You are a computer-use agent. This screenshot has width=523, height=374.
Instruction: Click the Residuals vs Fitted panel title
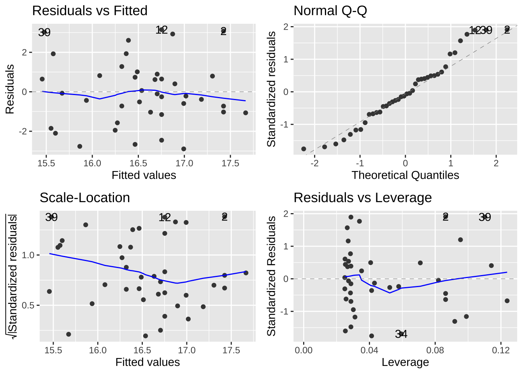(x=90, y=11)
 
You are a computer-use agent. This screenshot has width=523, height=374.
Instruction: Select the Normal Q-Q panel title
(x=330, y=11)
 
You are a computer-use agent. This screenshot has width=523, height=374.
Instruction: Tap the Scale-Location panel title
(x=84, y=198)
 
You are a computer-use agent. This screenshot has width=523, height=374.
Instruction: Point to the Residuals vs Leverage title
(x=362, y=198)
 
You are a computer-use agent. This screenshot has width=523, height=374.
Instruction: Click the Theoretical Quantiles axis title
(x=405, y=175)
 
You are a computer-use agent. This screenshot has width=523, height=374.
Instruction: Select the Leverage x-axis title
(x=405, y=362)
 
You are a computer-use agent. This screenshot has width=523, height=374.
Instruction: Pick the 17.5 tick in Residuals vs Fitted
(x=230, y=163)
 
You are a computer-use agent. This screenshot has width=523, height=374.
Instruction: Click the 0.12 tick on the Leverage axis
(x=501, y=350)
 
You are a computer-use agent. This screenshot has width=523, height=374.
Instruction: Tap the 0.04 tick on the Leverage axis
(x=369, y=350)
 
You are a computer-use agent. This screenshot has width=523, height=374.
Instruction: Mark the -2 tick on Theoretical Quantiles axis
(x=314, y=163)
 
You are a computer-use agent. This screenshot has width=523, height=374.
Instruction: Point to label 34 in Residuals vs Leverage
(x=401, y=334)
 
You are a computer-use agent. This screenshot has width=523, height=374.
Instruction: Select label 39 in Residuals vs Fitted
(x=44, y=32)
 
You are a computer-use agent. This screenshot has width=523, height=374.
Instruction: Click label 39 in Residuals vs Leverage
(x=484, y=217)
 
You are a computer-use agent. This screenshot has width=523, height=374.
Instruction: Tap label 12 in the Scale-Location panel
(x=165, y=217)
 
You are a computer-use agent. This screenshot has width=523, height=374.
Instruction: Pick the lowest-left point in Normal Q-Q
(x=304, y=149)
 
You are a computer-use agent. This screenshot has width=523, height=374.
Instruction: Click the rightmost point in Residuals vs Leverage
(x=507, y=301)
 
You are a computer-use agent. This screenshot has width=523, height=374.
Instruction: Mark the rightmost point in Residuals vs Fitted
(x=246, y=113)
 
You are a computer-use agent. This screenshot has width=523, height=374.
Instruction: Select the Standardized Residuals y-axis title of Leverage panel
(x=271, y=276)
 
